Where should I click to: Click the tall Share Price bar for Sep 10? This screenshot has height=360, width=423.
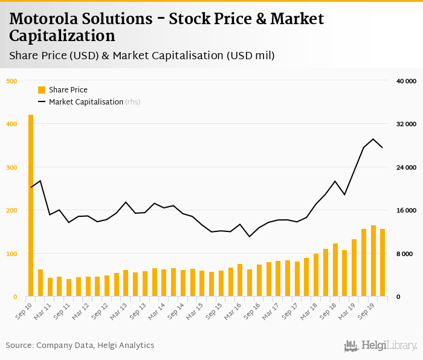[31, 205]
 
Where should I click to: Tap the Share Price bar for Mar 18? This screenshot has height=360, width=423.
[316, 275]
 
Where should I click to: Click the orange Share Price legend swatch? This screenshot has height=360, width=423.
[42, 90]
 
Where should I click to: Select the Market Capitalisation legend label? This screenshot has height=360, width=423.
[86, 102]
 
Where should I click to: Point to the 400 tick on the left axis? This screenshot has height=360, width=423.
[11, 124]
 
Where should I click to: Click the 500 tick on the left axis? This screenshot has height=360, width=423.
[11, 81]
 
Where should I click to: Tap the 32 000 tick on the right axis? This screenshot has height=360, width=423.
[406, 124]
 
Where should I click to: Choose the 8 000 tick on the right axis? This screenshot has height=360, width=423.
[408, 254]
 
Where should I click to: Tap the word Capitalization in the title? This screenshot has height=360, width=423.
[62, 36]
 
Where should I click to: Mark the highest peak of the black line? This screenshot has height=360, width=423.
[373, 139]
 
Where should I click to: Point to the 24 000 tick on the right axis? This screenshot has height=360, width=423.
[406, 167]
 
